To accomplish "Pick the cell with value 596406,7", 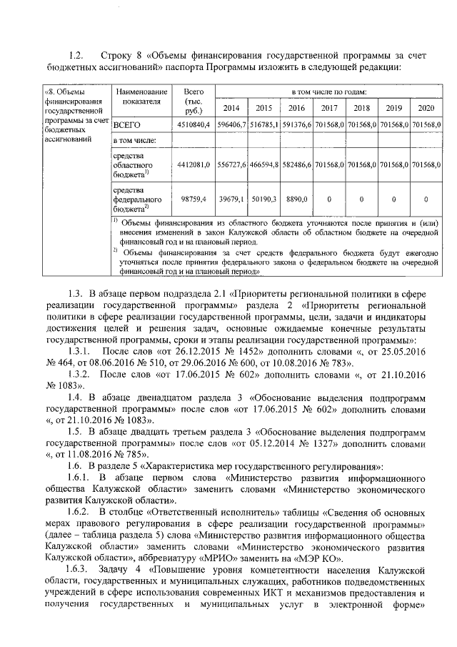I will pos(231,125).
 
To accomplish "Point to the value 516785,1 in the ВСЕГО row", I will pos(263,125).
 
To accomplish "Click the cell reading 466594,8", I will pos(263,164).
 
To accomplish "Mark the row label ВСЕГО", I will pos(128,125).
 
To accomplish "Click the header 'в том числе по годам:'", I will pos(328,92).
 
